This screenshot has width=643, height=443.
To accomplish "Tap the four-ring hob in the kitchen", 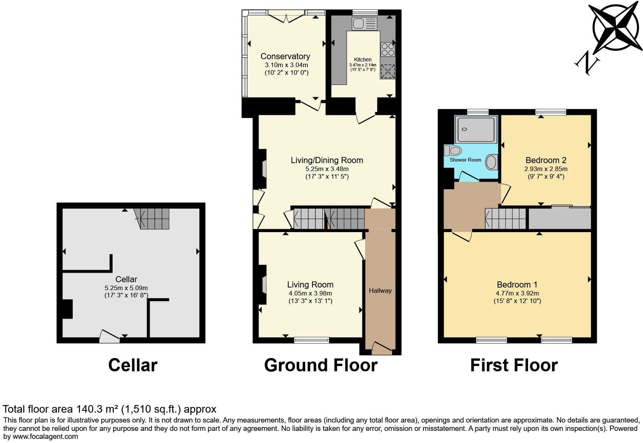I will point(387,50).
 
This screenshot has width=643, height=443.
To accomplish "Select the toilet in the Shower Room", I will point(453,151).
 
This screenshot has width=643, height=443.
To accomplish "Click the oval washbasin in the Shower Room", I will point(491,162).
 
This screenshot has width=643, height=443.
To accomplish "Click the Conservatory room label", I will point(285,57).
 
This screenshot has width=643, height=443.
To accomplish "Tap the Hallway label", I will point(380,291).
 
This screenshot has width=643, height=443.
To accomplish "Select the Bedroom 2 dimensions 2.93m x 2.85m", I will point(546,169).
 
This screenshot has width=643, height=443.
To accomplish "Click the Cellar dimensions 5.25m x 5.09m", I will point(126,288).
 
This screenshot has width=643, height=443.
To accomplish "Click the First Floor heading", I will point(514,365).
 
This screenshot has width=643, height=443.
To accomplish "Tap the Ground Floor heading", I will point(321,365).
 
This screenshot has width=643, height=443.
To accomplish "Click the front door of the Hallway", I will point(381,347).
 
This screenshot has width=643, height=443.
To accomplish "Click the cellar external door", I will point(110,337).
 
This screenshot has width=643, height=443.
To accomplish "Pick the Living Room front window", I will point(312,340).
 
